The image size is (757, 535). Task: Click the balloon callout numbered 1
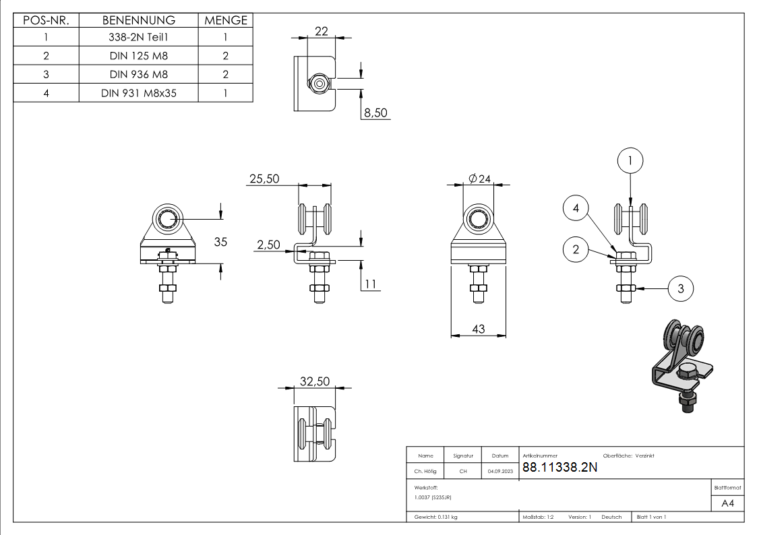pyautogui.click(x=630, y=160)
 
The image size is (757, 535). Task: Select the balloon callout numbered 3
pyautogui.click(x=680, y=288)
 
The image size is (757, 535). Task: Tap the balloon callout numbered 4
pyautogui.click(x=576, y=209)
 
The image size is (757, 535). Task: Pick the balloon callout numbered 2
pyautogui.click(x=576, y=249)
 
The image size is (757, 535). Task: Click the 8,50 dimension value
pyautogui.click(x=375, y=113)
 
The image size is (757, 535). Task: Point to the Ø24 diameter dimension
pyautogui.click(x=479, y=179)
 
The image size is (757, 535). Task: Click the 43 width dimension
pyautogui.click(x=479, y=329)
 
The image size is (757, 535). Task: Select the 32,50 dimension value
pyautogui.click(x=315, y=381)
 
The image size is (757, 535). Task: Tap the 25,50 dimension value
pyautogui.click(x=264, y=179)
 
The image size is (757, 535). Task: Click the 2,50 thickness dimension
pyautogui.click(x=268, y=246)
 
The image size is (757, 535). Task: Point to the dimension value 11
pyautogui.click(x=370, y=284)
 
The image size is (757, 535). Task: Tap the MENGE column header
pyautogui.click(x=226, y=20)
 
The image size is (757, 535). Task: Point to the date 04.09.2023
pyautogui.click(x=499, y=472)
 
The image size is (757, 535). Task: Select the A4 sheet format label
pyautogui.click(x=727, y=503)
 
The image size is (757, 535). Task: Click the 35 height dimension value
pyautogui.click(x=220, y=241)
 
